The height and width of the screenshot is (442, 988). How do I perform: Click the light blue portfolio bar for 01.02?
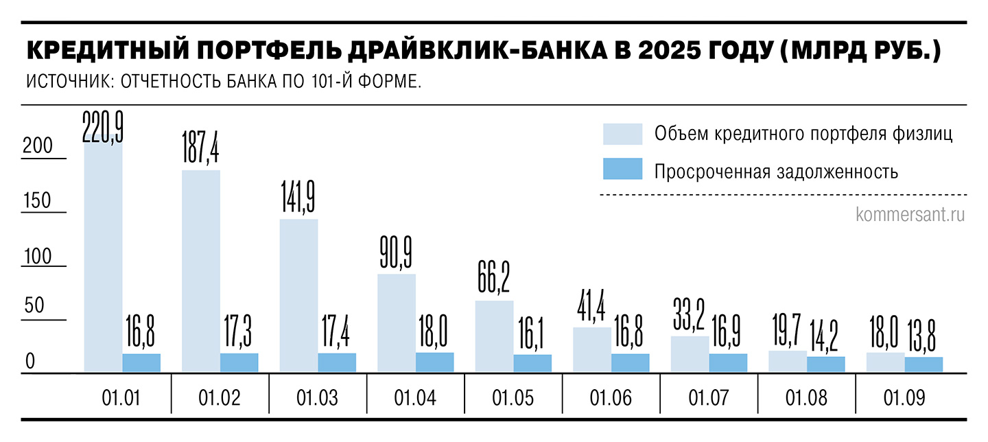[x=201, y=271]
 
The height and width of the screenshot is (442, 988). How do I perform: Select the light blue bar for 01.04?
[x=397, y=323]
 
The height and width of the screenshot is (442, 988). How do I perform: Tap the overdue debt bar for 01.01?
[x=141, y=363]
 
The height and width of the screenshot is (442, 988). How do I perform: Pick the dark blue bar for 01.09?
[x=924, y=364]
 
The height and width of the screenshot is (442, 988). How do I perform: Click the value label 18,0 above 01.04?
[x=434, y=335]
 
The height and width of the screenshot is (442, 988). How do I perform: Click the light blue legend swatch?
[x=622, y=134]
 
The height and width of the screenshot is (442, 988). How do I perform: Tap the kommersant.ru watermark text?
[x=910, y=215]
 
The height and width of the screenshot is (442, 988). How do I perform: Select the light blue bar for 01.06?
[x=591, y=350]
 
